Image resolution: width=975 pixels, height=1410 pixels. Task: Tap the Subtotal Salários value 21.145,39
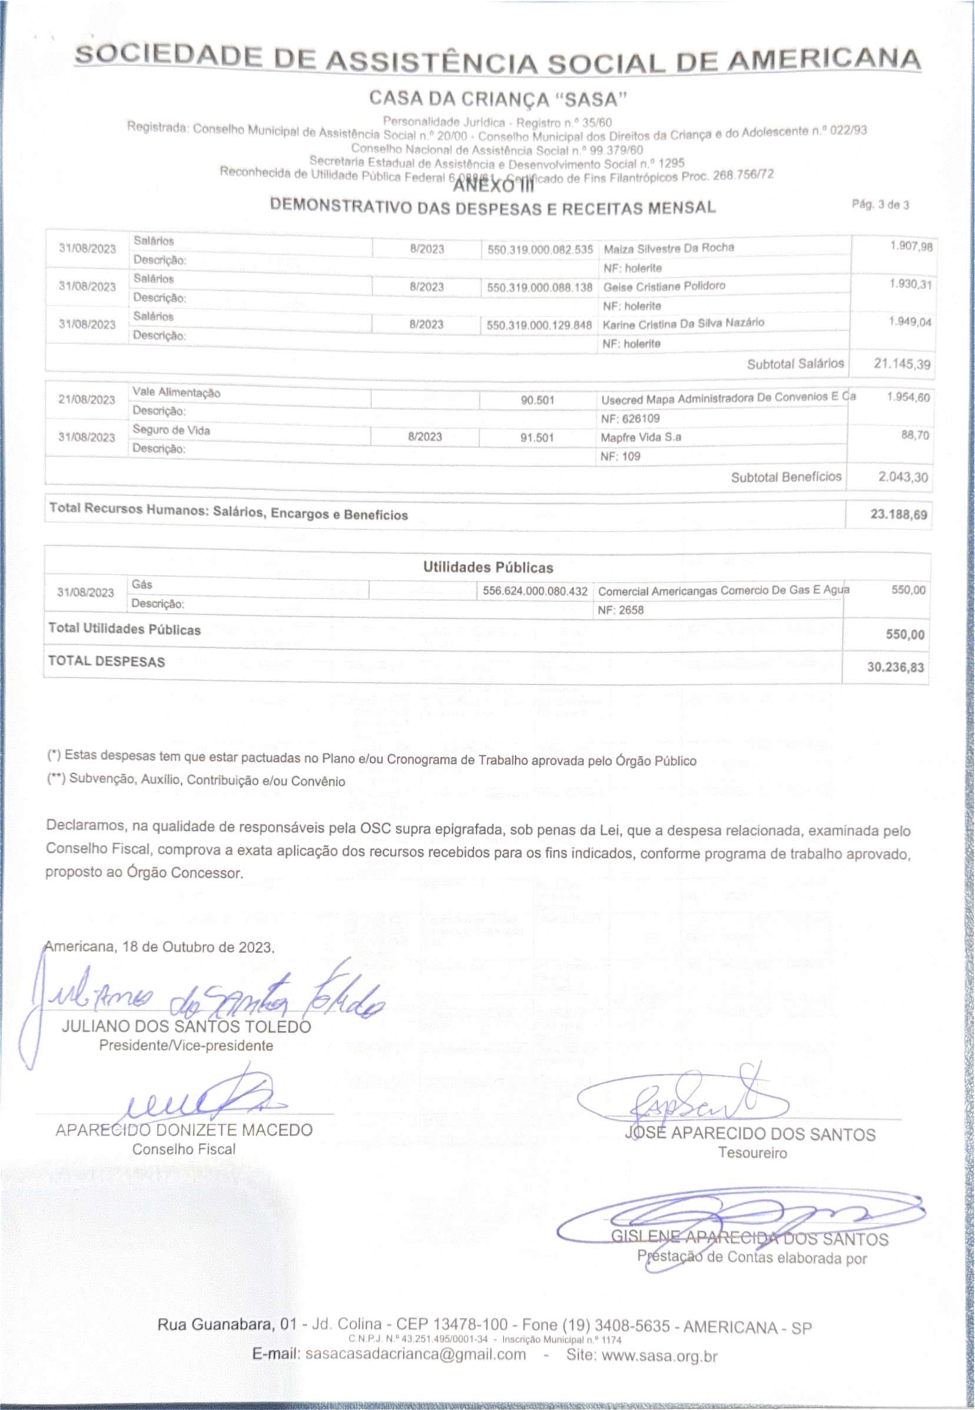point(902,364)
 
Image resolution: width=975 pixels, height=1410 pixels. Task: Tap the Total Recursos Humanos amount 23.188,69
point(898,514)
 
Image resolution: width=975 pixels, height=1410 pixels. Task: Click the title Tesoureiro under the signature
point(752,1153)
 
